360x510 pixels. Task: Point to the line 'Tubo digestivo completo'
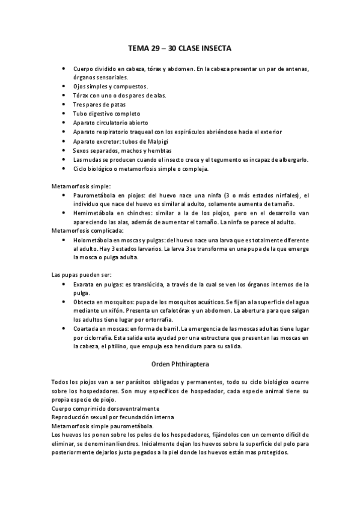point(106,114)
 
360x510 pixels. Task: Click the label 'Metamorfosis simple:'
point(81,186)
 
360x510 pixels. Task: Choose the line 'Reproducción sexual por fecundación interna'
point(113,416)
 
